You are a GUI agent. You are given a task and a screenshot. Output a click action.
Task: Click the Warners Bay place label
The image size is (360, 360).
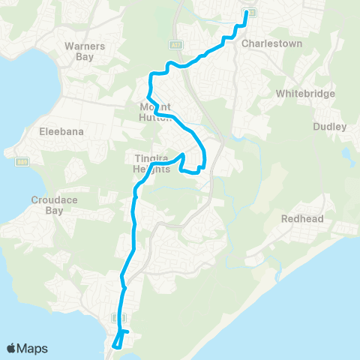[85, 50]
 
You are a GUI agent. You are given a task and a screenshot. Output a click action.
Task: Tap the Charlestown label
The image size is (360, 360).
[261, 43]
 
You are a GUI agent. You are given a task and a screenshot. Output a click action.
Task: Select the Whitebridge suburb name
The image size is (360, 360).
[305, 94]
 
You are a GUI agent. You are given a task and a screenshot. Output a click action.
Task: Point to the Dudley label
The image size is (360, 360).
[330, 127]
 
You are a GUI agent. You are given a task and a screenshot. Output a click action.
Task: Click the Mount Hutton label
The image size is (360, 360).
[157, 112]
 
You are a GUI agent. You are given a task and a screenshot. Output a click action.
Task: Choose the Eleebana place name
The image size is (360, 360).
[61, 131]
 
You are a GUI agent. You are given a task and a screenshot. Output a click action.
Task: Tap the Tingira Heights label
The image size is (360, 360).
[153, 163]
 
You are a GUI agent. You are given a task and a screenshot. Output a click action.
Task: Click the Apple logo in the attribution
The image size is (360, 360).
[11, 348]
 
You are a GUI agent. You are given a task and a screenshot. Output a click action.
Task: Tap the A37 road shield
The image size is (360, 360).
[174, 45]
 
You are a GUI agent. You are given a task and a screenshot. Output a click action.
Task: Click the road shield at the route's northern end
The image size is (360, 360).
[251, 13]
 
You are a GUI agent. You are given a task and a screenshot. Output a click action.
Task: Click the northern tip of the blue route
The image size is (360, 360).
[246, 13]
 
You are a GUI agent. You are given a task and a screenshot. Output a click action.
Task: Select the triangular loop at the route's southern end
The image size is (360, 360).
[118, 340]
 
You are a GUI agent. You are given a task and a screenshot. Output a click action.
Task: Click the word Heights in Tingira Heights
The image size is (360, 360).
[153, 169]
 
